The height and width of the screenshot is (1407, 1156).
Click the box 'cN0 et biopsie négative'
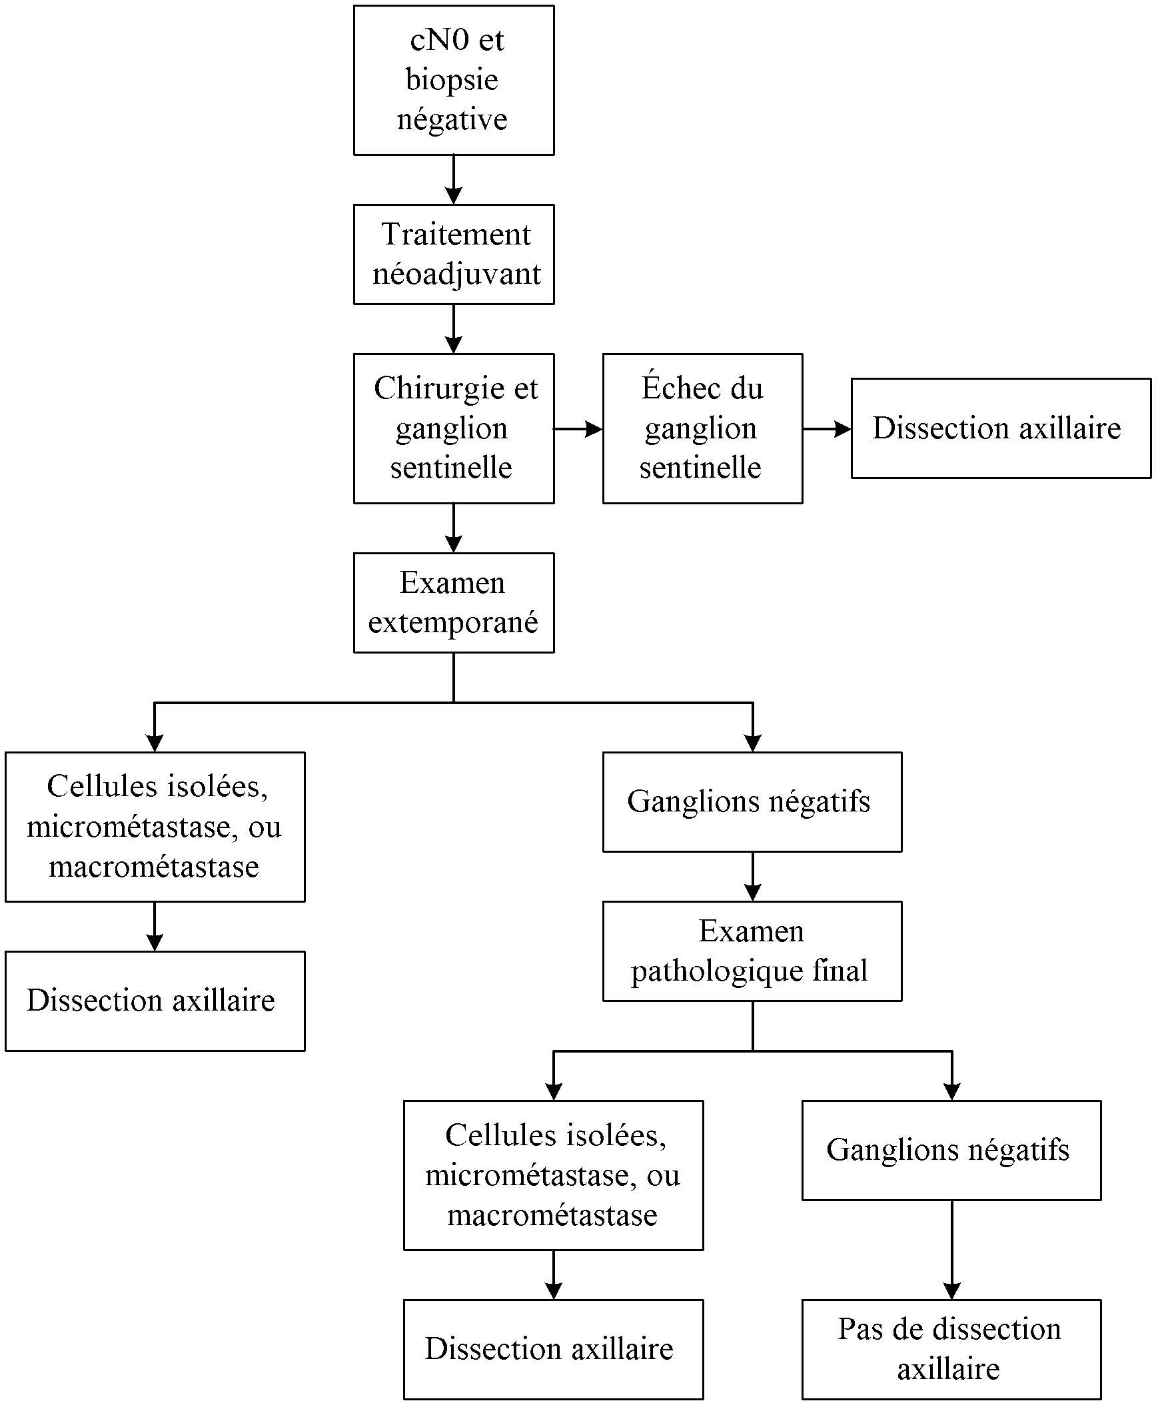453,81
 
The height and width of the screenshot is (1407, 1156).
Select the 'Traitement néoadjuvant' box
453,254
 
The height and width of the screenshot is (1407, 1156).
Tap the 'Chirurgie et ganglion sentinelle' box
453,428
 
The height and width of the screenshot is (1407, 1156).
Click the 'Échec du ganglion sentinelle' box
702,428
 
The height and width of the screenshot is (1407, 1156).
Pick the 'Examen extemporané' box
453,602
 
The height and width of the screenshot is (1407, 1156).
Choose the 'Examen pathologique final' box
752,951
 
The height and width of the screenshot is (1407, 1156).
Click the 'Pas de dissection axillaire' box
951,1349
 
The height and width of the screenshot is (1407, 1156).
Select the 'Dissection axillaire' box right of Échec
1000,428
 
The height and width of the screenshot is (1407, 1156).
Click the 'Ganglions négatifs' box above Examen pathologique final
752,801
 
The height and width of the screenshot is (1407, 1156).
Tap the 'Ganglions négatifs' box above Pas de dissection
951,1150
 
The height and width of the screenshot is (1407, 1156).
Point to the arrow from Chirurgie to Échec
578,428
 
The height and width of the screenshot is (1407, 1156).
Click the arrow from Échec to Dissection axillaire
826,428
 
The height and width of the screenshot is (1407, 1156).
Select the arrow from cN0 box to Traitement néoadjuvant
453,180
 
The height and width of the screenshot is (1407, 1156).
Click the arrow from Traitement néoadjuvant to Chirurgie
453,329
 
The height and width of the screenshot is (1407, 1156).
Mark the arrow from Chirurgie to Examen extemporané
453,528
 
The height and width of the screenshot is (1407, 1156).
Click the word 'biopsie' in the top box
452,80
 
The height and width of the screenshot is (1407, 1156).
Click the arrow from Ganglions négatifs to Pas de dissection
951,1249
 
